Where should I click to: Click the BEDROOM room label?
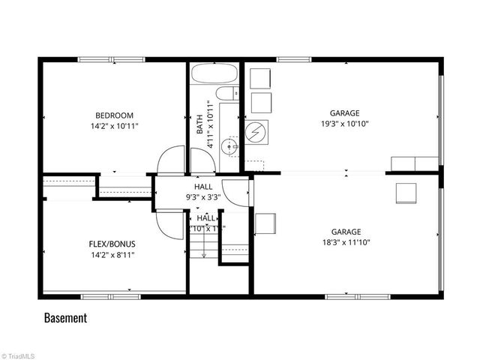point(114,115)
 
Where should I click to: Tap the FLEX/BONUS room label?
point(112,244)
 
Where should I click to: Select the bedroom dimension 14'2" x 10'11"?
point(114,126)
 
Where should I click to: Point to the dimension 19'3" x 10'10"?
point(345,124)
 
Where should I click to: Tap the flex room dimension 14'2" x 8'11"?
point(112,255)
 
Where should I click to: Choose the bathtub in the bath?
point(213,76)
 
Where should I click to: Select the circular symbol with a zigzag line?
point(258,132)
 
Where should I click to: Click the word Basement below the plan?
point(65,317)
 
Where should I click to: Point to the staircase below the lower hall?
point(202,244)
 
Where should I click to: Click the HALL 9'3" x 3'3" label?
point(203,192)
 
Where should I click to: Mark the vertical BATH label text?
point(199,124)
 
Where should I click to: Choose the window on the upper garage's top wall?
point(294,59)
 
